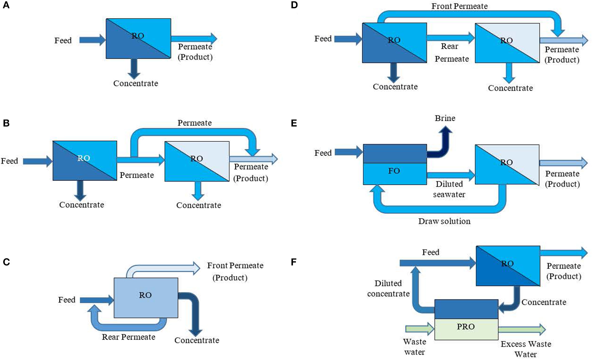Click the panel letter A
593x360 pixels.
click(x=6, y=5)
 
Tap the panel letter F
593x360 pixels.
click(x=294, y=262)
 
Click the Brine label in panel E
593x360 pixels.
click(x=445, y=118)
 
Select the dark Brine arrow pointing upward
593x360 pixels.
click(x=444, y=142)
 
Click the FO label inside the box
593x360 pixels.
click(x=394, y=171)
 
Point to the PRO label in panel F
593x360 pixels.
click(x=466, y=327)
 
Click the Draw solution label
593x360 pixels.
click(x=444, y=221)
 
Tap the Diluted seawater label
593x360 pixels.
click(x=449, y=189)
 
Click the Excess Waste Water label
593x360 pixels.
click(x=526, y=349)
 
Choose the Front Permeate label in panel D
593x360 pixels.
click(x=460, y=6)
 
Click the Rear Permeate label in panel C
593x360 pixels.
click(x=128, y=337)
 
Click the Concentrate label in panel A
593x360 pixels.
click(x=136, y=83)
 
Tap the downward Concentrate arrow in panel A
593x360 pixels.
click(x=134, y=68)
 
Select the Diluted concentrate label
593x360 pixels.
click(x=388, y=288)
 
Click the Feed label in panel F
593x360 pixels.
click(x=430, y=252)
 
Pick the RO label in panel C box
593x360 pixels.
click(x=145, y=295)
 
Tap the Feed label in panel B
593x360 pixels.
click(x=9, y=161)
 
